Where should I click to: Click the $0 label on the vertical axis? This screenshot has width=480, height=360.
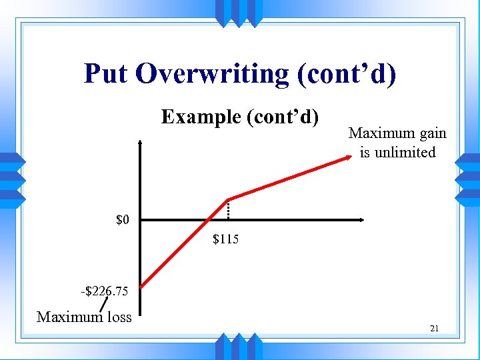(123, 219)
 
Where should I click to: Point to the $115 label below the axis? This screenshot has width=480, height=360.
(225, 239)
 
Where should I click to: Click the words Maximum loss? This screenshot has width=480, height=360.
(84, 317)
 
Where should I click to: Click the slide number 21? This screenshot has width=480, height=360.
(434, 329)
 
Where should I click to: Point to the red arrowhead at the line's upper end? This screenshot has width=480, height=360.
(349, 157)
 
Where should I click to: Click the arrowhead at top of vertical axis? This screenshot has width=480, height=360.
(141, 143)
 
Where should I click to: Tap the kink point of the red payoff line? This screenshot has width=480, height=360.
(228, 199)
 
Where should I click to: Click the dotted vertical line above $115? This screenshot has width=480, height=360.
(228, 210)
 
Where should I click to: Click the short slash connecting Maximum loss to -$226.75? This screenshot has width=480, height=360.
(105, 304)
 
